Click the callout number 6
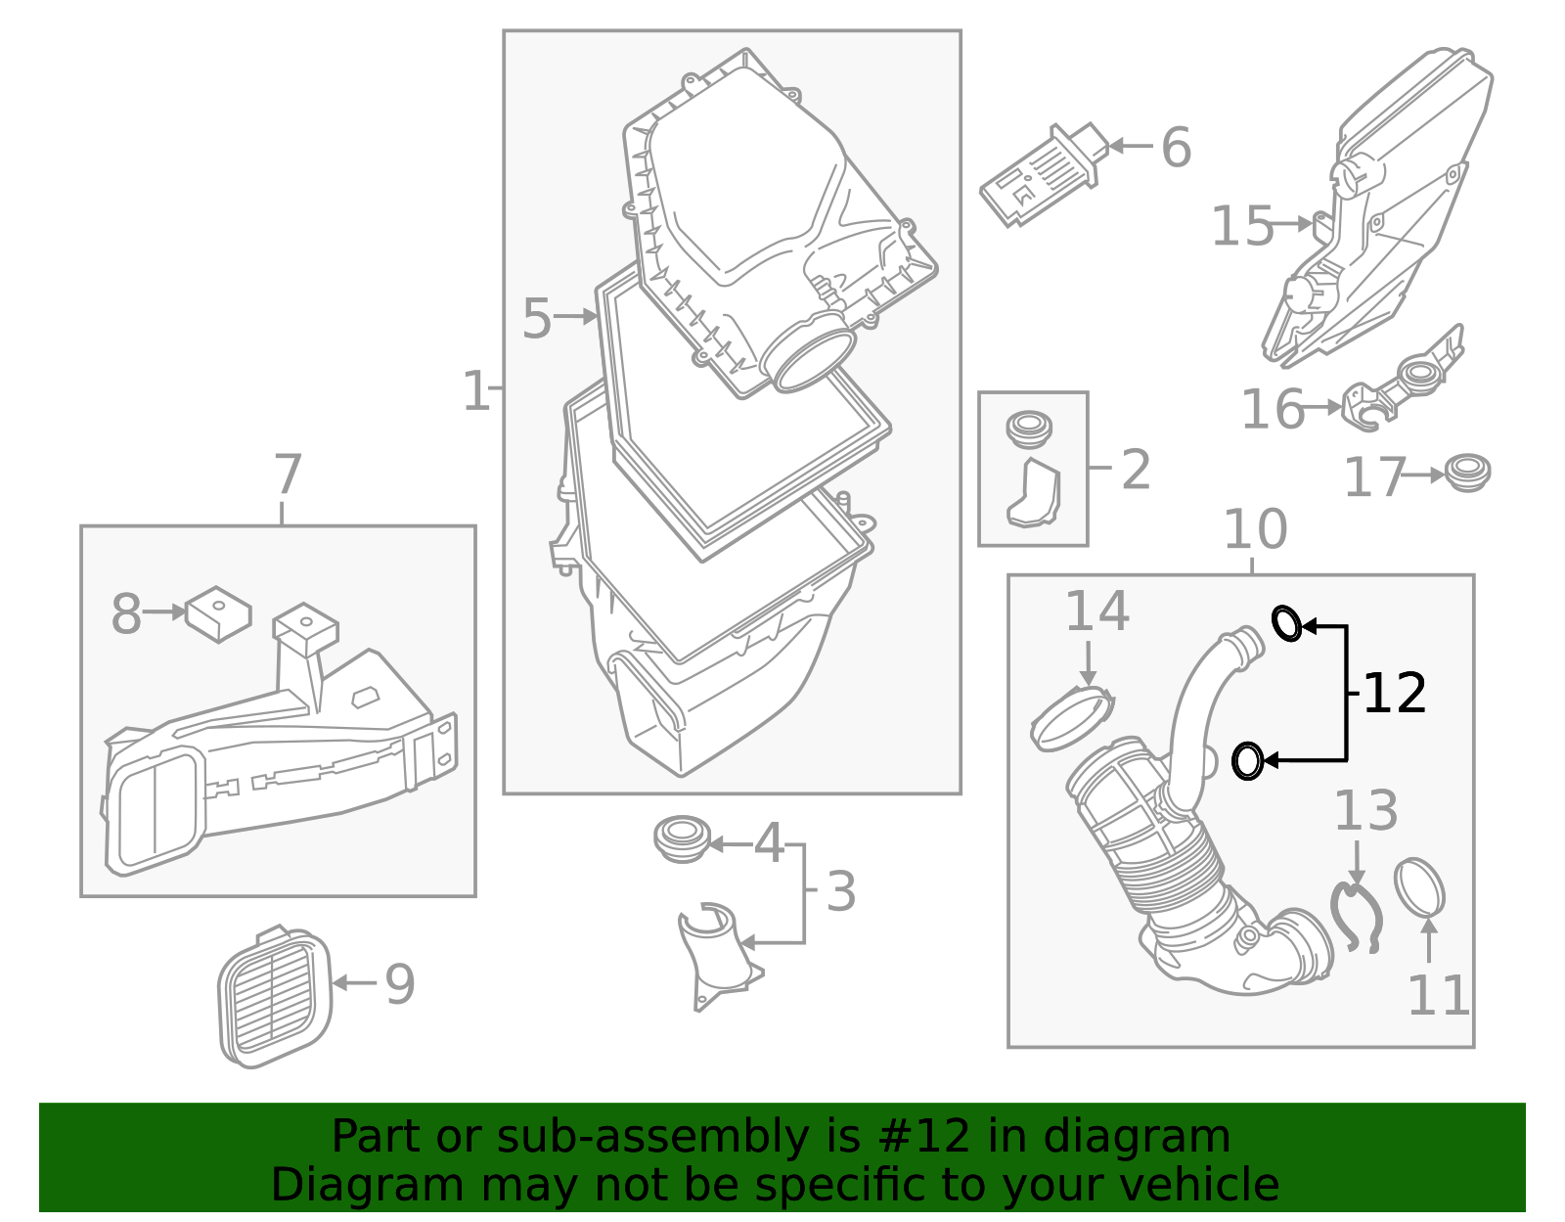pyautogui.click(x=1176, y=148)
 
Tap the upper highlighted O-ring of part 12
pyautogui.click(x=1286, y=623)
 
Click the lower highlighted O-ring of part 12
pyautogui.click(x=1247, y=761)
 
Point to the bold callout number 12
pyautogui.click(x=1394, y=694)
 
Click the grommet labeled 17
pyautogui.click(x=1466, y=473)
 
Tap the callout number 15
pyautogui.click(x=1242, y=226)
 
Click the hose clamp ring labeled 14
pyautogui.click(x=1072, y=718)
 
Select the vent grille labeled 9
pyautogui.click(x=274, y=998)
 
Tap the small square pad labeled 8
pyautogui.click(x=218, y=614)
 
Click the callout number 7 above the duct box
pyautogui.click(x=287, y=475)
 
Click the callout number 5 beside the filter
pyautogui.click(x=536, y=319)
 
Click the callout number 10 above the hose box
pyautogui.click(x=1255, y=530)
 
